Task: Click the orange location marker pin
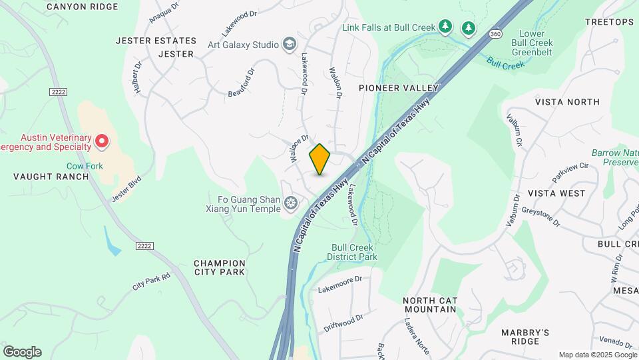pos(319,159)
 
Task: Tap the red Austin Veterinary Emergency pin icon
pos(101,141)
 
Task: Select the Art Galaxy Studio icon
pos(289,45)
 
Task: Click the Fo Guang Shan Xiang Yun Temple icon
pos(290,203)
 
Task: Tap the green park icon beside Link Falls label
pos(445,27)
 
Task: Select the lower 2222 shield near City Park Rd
pos(144,246)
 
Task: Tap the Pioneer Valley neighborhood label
pos(399,88)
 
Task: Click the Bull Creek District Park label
pos(354,252)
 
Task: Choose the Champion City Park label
pos(220,267)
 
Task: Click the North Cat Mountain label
pos(430,305)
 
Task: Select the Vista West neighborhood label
pos(556,193)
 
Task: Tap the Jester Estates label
pos(156,41)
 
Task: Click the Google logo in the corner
pos(22,352)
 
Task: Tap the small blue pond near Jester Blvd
pos(112,242)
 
